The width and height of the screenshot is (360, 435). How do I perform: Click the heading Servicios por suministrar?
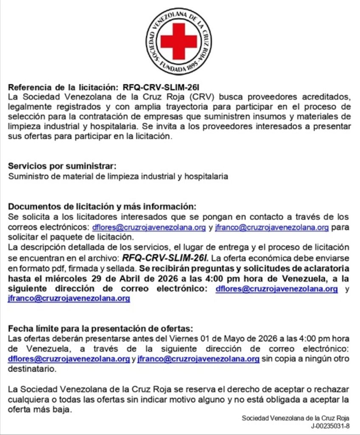pyautogui.click(x=62, y=167)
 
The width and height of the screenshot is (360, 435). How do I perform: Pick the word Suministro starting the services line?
pyautogui.click(x=28, y=176)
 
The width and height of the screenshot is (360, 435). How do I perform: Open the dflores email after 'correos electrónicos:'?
pyautogui.click(x=149, y=227)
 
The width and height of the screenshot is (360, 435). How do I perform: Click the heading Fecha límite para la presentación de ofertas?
pyautogui.click(x=101, y=329)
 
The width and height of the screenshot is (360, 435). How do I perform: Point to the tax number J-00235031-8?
pyautogui.click(x=330, y=426)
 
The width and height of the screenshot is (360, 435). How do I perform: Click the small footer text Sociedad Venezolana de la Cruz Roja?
pyautogui.click(x=295, y=418)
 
